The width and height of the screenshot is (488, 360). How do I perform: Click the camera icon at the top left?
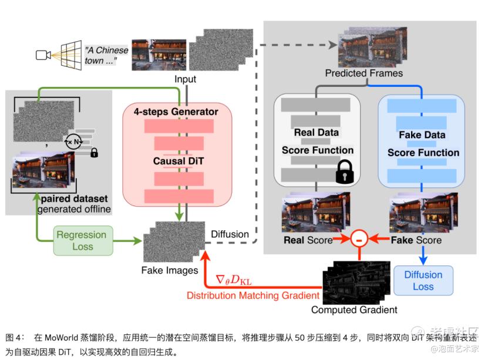(43, 55)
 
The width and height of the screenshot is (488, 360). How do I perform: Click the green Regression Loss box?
(83, 241)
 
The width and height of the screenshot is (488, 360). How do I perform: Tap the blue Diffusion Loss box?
(423, 280)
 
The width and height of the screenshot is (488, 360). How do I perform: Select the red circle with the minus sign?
(359, 239)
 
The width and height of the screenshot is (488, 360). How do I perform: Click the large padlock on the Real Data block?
(345, 171)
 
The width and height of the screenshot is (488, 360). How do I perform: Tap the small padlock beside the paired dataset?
(94, 153)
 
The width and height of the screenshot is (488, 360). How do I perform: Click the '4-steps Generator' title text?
(176, 112)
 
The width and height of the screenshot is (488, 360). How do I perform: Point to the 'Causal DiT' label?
(179, 161)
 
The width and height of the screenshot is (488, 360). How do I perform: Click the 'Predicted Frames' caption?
(364, 73)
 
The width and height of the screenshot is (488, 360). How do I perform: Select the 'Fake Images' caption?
(170, 270)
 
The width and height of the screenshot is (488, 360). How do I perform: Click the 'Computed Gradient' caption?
(354, 310)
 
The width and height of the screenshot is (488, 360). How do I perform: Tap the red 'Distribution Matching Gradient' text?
(253, 295)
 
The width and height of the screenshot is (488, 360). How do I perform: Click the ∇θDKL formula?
(234, 280)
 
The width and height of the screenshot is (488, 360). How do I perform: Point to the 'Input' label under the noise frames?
(185, 79)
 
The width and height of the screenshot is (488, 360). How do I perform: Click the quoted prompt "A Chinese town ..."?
(106, 55)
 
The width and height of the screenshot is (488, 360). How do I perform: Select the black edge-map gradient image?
(356, 282)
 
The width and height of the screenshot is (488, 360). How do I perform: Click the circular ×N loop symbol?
(73, 142)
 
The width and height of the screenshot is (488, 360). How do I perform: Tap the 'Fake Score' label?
(416, 240)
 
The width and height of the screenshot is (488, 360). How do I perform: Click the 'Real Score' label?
(308, 240)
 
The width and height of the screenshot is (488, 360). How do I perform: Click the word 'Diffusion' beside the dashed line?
(230, 234)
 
